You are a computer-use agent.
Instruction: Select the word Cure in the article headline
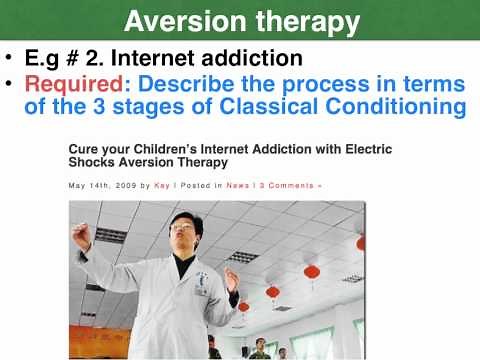[84, 148]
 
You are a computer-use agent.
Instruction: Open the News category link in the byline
[237, 185]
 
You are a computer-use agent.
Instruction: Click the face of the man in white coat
[183, 230]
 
